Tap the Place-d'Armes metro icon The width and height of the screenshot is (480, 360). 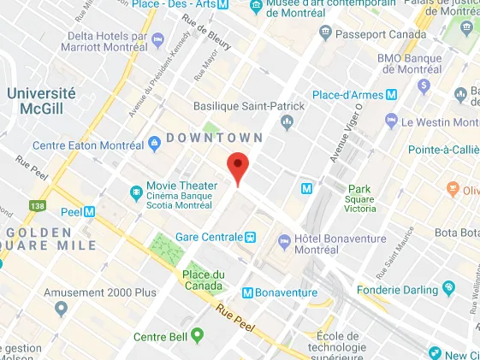pyautogui.click(x=392, y=95)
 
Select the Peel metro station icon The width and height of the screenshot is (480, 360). pyautogui.click(x=89, y=211)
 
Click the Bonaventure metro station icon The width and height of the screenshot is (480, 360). pyautogui.click(x=249, y=292)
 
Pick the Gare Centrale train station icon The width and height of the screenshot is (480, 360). pyautogui.click(x=251, y=237)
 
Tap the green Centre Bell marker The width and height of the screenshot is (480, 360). pyautogui.click(x=198, y=333)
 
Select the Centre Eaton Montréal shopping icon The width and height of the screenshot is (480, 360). pyautogui.click(x=155, y=142)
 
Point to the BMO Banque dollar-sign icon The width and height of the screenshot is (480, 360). pyautogui.click(x=423, y=86)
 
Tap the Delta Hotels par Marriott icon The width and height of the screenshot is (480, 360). pyautogui.click(x=157, y=39)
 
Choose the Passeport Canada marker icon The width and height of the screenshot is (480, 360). pyautogui.click(x=324, y=32)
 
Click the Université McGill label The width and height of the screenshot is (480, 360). pyautogui.click(x=41, y=101)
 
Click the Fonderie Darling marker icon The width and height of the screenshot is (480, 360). pyautogui.click(x=447, y=288)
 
